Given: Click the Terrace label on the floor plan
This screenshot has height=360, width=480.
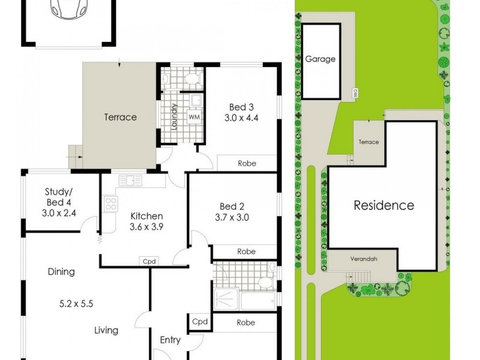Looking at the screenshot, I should point(121,117).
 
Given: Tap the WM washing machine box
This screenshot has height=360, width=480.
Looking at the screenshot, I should point(194,116).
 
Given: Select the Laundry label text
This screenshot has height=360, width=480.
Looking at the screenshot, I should point(174,117).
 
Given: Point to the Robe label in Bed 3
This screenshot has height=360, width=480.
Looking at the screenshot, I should point(247,163).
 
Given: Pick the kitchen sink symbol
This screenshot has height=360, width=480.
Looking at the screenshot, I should point(130,180).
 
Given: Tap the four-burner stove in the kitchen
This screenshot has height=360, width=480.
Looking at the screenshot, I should point(111,204).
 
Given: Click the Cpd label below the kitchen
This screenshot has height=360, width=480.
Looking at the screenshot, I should point(148,261).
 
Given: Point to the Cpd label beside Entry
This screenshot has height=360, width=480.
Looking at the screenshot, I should point(199,322).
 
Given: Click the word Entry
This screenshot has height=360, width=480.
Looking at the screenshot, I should point(170,340).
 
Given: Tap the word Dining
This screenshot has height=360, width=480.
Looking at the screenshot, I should point(61,271).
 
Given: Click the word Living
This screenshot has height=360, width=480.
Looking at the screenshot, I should point(106,330).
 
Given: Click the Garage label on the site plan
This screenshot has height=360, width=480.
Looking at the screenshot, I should point(320,59).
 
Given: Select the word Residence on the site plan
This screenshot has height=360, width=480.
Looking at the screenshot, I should point(383,205).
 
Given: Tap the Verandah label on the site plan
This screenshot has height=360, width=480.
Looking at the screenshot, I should point(365,260).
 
